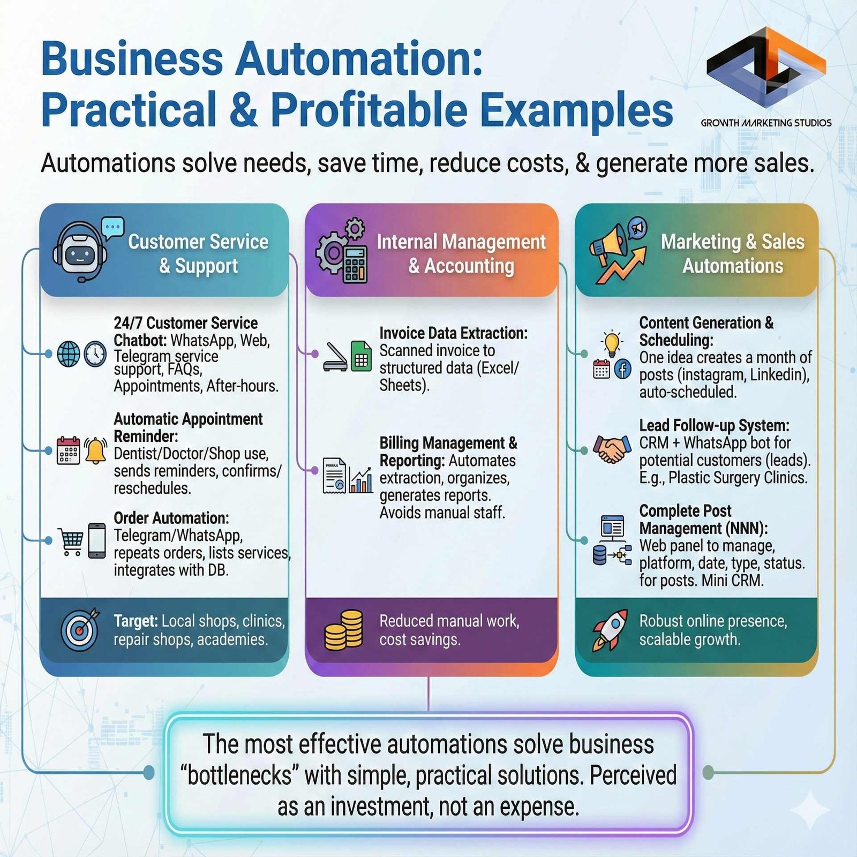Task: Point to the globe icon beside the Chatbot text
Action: pyautogui.click(x=69, y=354)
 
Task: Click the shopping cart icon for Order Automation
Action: pyautogui.click(x=71, y=542)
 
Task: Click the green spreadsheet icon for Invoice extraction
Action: pyautogui.click(x=361, y=356)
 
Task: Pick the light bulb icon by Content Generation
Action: pyautogui.click(x=612, y=343)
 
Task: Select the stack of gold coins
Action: pyautogui.click(x=343, y=630)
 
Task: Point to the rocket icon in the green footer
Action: pyautogui.click(x=610, y=630)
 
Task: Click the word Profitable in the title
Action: pyautogui.click(x=369, y=110)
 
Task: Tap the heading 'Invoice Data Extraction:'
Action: pyautogui.click(x=453, y=333)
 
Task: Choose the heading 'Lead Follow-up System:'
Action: pyautogui.click(x=714, y=425)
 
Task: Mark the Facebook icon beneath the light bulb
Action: pyautogui.click(x=622, y=370)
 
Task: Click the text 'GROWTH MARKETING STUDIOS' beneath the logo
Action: pyautogui.click(x=766, y=123)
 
